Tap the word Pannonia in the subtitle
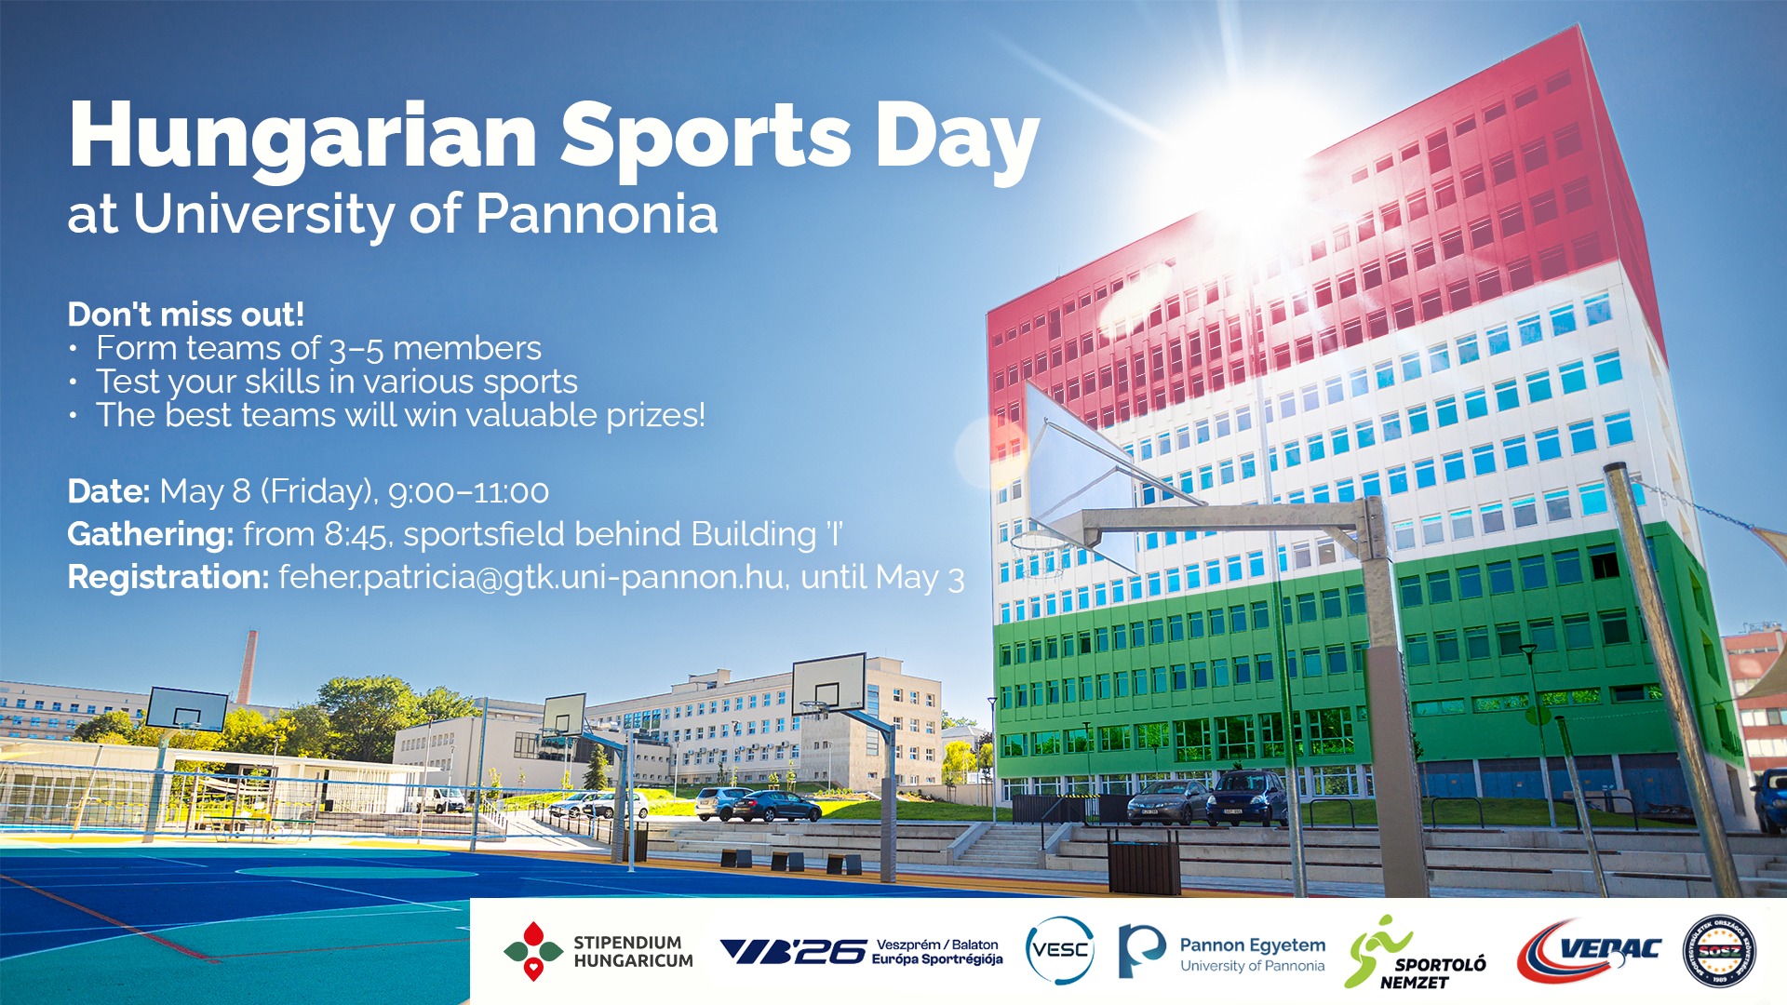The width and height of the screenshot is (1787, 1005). click(x=597, y=215)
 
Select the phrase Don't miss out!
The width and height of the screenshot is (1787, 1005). click(x=186, y=315)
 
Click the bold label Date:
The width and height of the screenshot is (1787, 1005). click(x=108, y=491)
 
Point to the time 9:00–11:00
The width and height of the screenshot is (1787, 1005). click(x=468, y=492)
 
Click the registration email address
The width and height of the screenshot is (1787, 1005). click(x=531, y=578)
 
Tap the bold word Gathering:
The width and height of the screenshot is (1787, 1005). click(x=150, y=535)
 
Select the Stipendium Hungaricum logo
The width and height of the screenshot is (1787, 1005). click(x=598, y=951)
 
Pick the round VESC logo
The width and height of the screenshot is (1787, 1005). click(x=1059, y=950)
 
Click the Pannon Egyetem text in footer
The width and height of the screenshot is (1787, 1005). click(x=1252, y=945)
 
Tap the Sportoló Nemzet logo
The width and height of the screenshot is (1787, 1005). click(x=1415, y=952)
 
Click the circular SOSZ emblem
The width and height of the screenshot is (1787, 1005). click(x=1719, y=950)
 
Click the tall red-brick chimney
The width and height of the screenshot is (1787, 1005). click(x=247, y=667)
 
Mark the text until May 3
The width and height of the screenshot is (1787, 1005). click(x=881, y=578)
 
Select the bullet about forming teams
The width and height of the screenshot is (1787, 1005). click(x=318, y=349)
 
